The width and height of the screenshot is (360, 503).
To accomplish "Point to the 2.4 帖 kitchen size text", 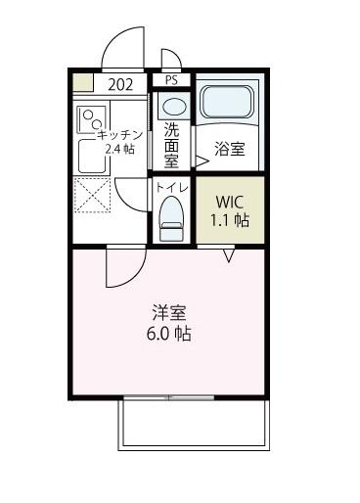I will (119, 150).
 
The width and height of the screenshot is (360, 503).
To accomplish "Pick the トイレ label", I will (170, 186).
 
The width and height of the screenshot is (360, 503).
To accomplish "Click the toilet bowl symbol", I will (171, 216).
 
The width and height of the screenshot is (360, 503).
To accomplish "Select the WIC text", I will (232, 203).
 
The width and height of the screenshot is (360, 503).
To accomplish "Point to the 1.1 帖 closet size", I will (232, 220).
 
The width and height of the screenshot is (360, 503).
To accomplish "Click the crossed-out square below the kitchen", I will (93, 195).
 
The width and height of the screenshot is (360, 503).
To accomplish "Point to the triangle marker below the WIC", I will (229, 255).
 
